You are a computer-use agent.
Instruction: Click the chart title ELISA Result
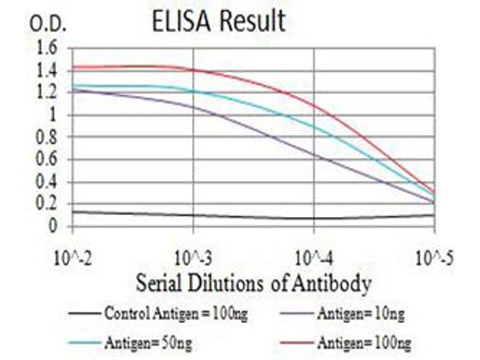click(218, 22)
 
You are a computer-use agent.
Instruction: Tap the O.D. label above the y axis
click(46, 25)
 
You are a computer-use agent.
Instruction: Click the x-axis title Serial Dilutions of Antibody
click(253, 283)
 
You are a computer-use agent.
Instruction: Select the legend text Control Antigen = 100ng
click(175, 313)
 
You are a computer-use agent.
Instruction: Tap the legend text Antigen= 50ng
click(149, 343)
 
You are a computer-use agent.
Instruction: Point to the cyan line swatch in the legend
click(84, 343)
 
